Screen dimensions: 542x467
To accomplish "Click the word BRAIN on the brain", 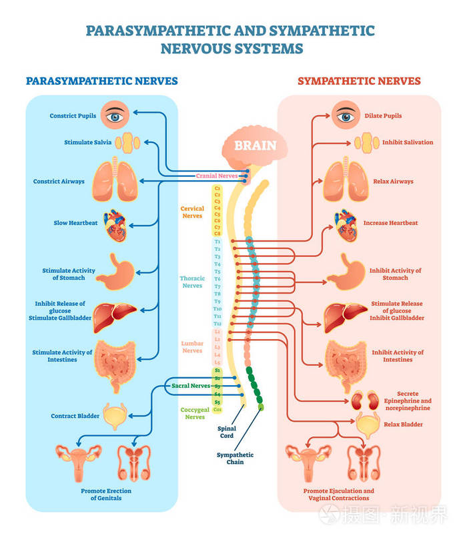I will pyautogui.click(x=255, y=145).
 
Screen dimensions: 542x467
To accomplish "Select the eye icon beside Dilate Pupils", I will pyautogui.click(x=345, y=115).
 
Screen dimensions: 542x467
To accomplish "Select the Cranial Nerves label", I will pyautogui.click(x=216, y=176).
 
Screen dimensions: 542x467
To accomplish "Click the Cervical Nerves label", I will pyautogui.click(x=192, y=212).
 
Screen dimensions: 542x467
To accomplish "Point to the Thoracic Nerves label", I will pyautogui.click(x=192, y=282).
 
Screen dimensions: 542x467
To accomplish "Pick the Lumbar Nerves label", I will pyautogui.click(x=192, y=346).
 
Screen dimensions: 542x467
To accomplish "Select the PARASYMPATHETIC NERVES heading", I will pyautogui.click(x=101, y=81).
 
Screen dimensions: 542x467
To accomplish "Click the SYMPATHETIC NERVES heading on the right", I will pyautogui.click(x=359, y=81).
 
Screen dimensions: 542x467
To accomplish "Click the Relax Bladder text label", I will pyautogui.click(x=403, y=425).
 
